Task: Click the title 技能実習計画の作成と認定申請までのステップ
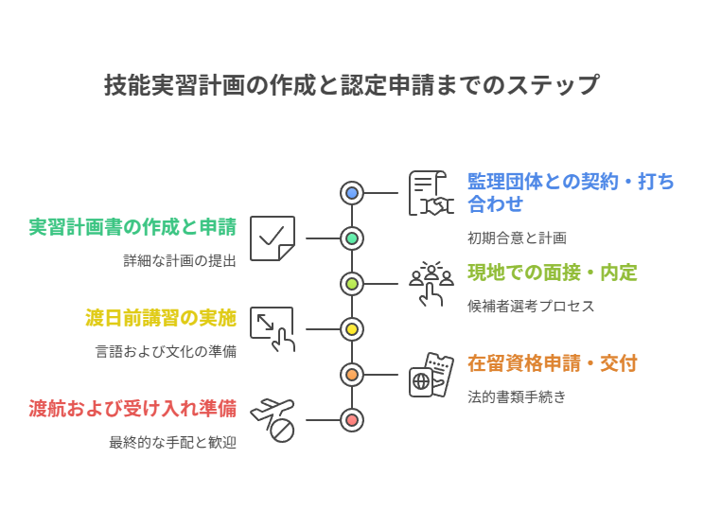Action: click(x=351, y=85)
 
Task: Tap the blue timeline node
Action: click(x=352, y=193)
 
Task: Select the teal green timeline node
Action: click(x=352, y=238)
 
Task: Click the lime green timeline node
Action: click(x=352, y=284)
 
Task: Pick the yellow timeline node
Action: click(x=352, y=329)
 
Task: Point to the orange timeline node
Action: click(x=352, y=375)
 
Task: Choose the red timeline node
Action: click(x=352, y=420)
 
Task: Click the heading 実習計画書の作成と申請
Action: click(x=132, y=227)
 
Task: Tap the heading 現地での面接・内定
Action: click(x=552, y=273)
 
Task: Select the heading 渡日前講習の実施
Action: click(x=161, y=318)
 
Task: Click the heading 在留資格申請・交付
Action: click(x=552, y=363)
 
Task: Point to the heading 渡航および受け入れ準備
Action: click(x=132, y=409)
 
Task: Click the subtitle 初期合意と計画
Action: click(x=517, y=238)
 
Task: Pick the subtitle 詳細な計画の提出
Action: click(x=180, y=261)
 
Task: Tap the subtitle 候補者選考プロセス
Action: click(x=531, y=307)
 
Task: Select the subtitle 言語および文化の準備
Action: click(x=166, y=352)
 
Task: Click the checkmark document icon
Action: click(x=273, y=238)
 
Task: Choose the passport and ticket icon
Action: click(x=431, y=375)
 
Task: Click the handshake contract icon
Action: click(x=431, y=193)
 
